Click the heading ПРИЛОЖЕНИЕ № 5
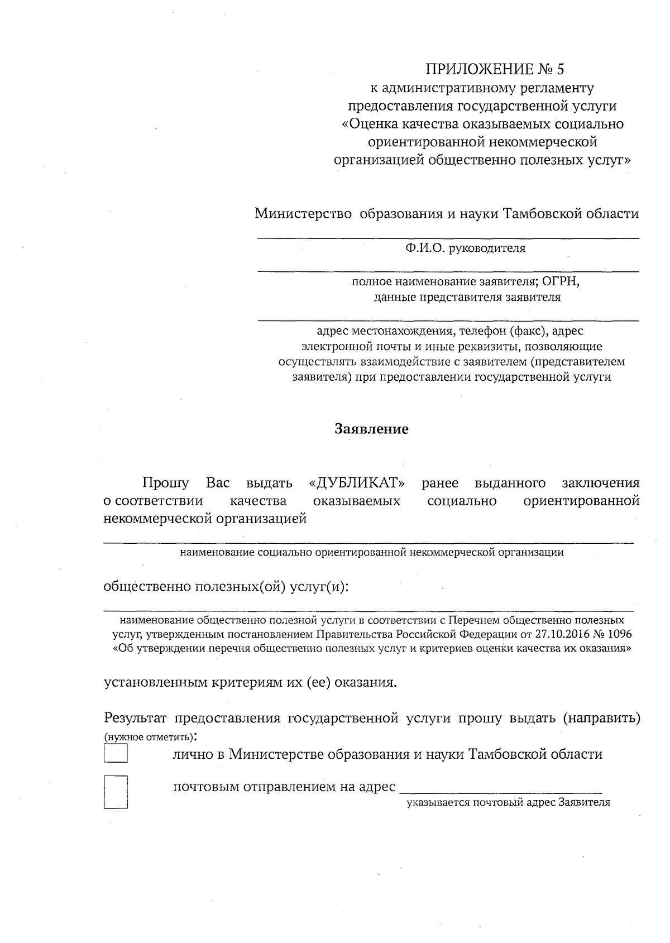[x=495, y=70]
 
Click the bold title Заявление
[x=371, y=429]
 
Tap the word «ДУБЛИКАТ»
[x=357, y=482]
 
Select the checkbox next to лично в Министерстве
[x=116, y=754]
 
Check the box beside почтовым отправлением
[x=116, y=792]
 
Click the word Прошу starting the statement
[x=165, y=482]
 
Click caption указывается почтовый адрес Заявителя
[x=508, y=803]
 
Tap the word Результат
[x=136, y=718]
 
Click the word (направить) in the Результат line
[x=601, y=718]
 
